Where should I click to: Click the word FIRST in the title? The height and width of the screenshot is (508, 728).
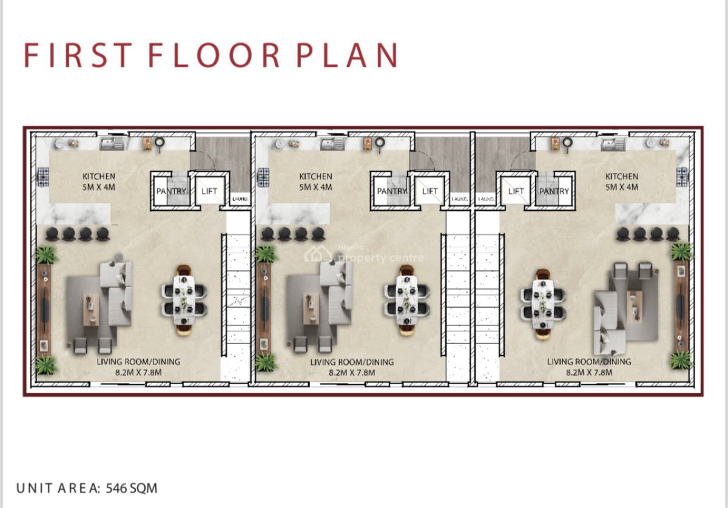tap(78, 55)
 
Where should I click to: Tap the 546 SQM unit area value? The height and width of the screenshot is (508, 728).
tap(132, 488)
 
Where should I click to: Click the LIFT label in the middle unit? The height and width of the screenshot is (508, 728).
tap(430, 191)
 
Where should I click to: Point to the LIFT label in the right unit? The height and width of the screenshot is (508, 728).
tap(516, 191)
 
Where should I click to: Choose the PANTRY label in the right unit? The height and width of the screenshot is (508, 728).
tap(554, 191)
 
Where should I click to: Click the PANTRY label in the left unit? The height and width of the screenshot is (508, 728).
tap(170, 191)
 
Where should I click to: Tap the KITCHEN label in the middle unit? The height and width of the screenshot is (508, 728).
tap(315, 177)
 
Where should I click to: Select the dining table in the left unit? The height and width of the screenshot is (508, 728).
tap(184, 300)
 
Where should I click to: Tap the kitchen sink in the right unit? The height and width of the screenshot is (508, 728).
tap(612, 144)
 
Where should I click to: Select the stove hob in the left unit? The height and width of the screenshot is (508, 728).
tap(44, 177)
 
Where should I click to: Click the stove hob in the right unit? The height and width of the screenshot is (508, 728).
tap(682, 177)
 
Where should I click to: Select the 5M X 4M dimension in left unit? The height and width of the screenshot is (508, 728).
tap(99, 187)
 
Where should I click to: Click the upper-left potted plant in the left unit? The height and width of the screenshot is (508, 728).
tap(47, 255)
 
